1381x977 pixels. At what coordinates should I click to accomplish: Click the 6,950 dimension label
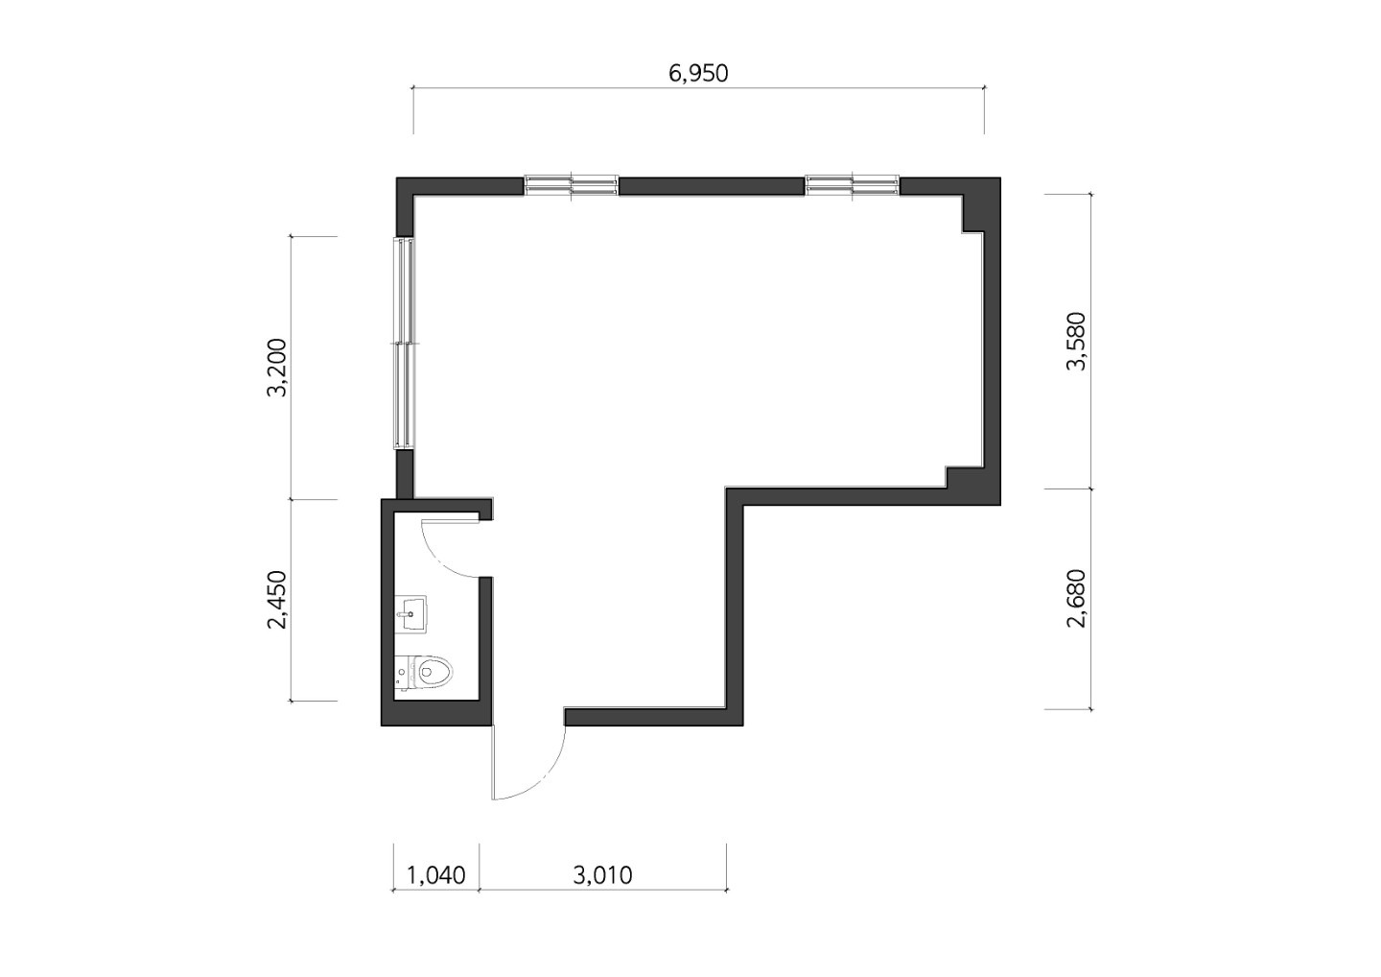(x=698, y=73)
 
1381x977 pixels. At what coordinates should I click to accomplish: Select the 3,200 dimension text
(x=277, y=368)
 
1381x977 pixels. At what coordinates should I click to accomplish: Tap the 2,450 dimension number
(x=277, y=600)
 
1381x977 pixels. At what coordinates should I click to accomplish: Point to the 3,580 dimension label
(x=1076, y=341)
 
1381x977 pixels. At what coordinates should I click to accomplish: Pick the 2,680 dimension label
(x=1076, y=598)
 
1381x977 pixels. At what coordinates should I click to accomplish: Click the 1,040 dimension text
(x=435, y=875)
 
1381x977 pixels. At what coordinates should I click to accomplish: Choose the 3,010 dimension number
(x=602, y=875)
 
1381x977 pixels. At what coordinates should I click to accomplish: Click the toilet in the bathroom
(x=424, y=673)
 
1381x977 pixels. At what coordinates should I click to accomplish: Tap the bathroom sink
(x=410, y=613)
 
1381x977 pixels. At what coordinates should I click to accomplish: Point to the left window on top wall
(x=572, y=185)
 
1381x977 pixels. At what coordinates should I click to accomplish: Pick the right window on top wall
(x=853, y=185)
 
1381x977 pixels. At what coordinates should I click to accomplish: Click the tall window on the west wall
(x=404, y=343)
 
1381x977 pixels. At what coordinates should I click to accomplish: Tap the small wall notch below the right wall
(x=964, y=477)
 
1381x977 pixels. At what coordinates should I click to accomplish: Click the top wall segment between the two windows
(x=712, y=185)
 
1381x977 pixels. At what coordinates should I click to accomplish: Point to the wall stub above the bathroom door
(x=486, y=510)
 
